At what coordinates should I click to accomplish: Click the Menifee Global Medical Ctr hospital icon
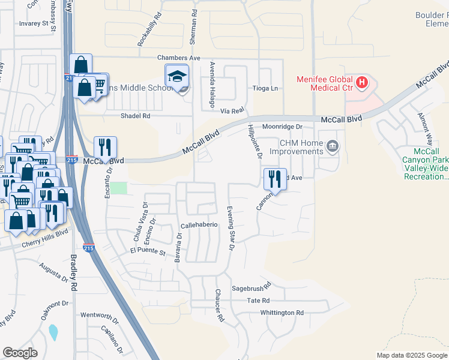tap(361, 82)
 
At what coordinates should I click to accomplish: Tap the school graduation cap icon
tap(177, 76)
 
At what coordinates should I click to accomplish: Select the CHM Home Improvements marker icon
tap(331, 146)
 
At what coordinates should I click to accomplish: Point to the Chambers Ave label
tap(178, 58)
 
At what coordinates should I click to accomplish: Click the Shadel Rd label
tap(135, 116)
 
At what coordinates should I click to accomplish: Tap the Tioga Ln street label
tap(267, 89)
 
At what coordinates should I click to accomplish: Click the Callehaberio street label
tap(199, 225)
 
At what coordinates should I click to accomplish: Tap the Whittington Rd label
tap(282, 313)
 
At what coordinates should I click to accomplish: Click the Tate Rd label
tap(258, 301)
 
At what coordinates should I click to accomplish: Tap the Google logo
tap(20, 353)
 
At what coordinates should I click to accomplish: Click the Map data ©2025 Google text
tap(411, 355)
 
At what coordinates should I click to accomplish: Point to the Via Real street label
tap(232, 111)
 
